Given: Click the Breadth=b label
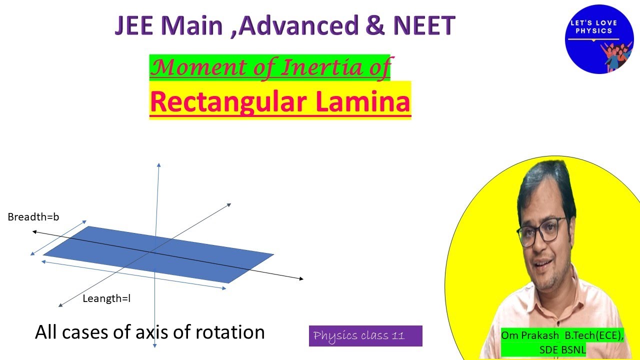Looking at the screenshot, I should (33, 217).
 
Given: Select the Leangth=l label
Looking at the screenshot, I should (106, 298).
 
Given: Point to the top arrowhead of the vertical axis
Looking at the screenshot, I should (158, 164).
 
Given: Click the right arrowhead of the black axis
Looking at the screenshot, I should (301, 278).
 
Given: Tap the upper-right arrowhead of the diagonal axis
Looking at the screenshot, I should (229, 204).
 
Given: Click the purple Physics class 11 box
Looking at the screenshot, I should (365, 336).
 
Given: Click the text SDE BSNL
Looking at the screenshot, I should (562, 349).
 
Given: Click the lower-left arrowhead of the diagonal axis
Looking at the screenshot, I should (60, 305).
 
